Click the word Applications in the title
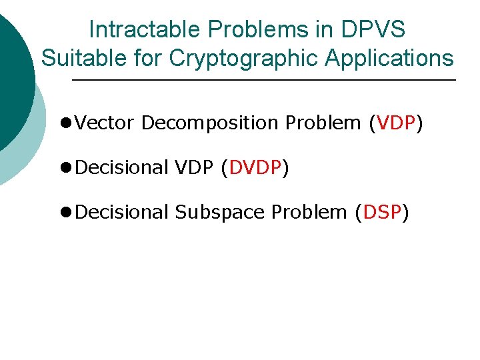coord(389,58)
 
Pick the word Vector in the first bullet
coord(105,123)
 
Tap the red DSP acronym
coord(381,212)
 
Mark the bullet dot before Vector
coord(66,123)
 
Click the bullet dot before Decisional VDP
coord(66,168)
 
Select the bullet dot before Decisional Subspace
coord(66,213)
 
